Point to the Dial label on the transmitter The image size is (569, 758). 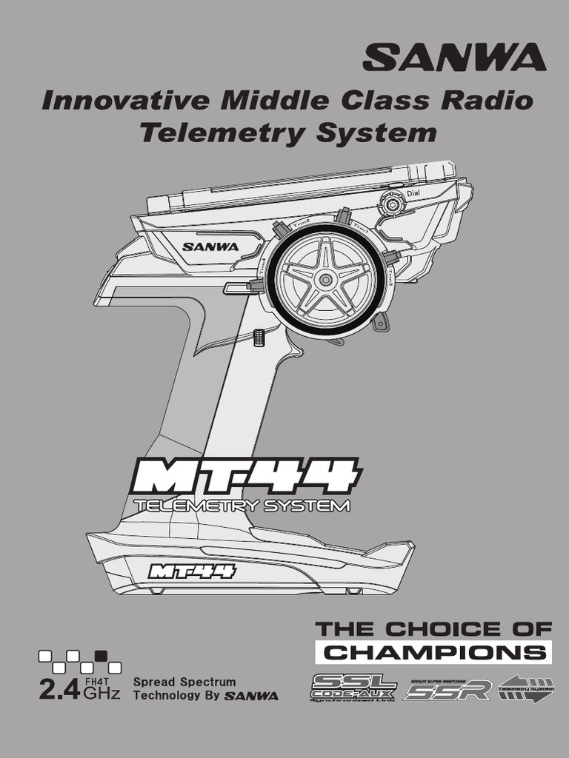413,194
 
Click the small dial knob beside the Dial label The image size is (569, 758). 390,204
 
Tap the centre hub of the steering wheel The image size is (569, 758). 325,280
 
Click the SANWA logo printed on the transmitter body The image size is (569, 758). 210,246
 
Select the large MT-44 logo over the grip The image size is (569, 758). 245,477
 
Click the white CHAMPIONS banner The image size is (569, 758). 433,652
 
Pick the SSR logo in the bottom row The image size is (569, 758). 448,689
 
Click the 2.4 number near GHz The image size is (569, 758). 59,691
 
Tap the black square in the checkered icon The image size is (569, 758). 101,654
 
